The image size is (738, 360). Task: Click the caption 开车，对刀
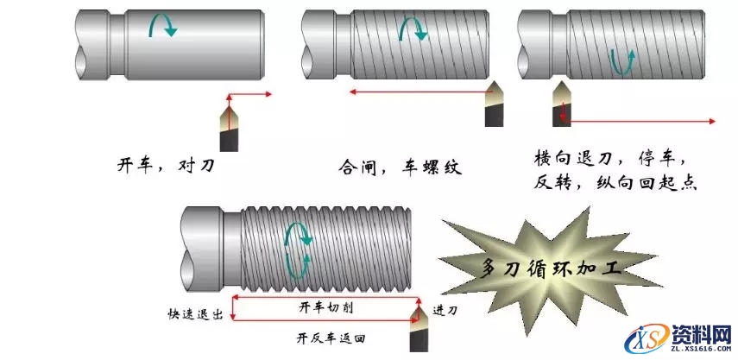pyautogui.click(x=165, y=164)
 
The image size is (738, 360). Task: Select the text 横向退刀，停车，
pyautogui.click(x=610, y=160)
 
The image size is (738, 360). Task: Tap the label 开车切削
pyautogui.click(x=319, y=306)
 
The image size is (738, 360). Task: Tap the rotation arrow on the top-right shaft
pyautogui.click(x=622, y=60)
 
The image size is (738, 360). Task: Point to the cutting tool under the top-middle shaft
pyautogui.click(x=494, y=104)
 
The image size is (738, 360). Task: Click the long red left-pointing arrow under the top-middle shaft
pyautogui.click(x=414, y=90)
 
